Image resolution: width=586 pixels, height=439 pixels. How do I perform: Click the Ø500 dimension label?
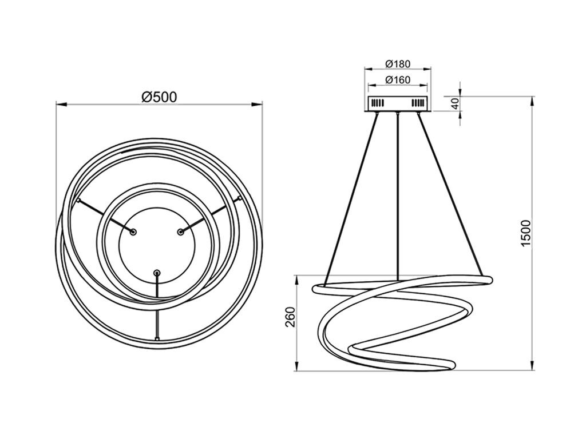pos(159,97)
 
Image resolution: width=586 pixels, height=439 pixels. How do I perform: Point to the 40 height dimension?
pos(455,103)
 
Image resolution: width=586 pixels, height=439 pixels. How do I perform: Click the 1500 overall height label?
pos(526,233)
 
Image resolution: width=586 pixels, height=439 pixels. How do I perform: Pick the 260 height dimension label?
pos(290,317)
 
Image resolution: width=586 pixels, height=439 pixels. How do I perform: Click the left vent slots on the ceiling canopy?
pos(378,103)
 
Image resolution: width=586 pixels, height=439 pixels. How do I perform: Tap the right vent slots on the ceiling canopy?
pos(418,103)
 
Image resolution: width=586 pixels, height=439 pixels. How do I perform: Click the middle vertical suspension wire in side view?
pos(398,197)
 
